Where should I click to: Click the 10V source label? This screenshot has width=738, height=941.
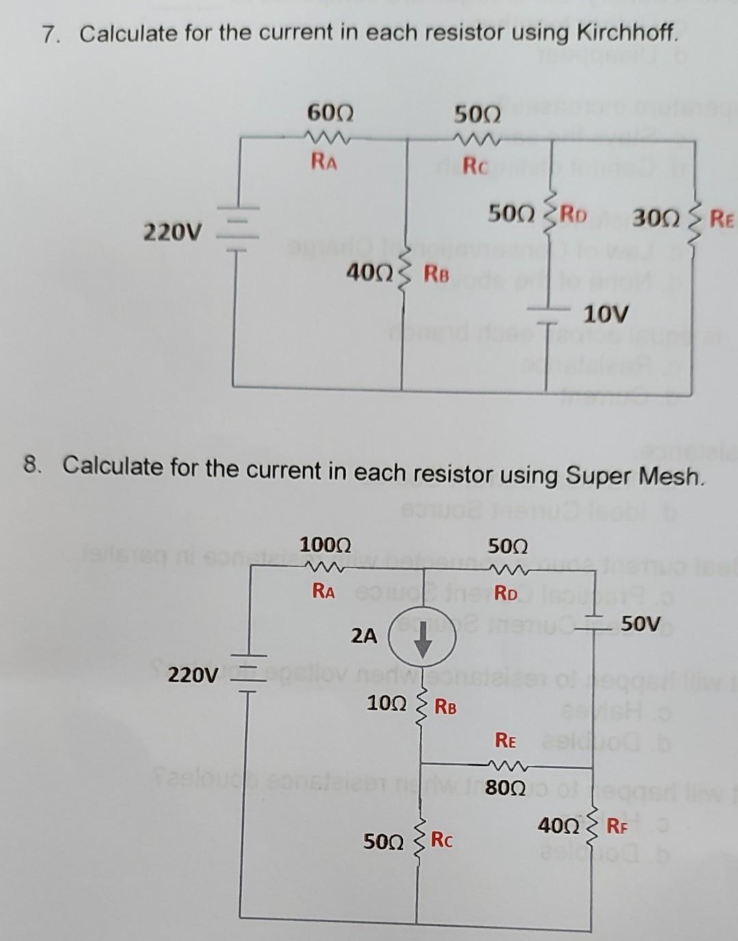(605, 315)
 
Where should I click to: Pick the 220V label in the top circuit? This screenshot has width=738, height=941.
(173, 233)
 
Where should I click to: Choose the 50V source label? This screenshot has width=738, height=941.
(641, 623)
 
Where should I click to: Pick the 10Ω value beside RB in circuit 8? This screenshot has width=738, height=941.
(387, 703)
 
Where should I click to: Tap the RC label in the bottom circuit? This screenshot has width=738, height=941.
(441, 839)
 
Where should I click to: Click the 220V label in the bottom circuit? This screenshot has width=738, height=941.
(193, 676)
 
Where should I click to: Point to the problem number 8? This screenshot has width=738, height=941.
(29, 465)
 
